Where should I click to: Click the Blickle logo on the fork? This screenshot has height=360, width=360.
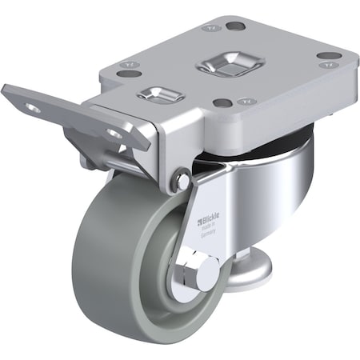coord(209,217)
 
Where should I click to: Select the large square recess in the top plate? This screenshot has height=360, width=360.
coord(223,63)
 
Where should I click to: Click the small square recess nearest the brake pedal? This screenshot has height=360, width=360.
coord(161,95)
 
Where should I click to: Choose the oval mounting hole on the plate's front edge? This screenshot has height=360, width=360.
coord(223,102)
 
